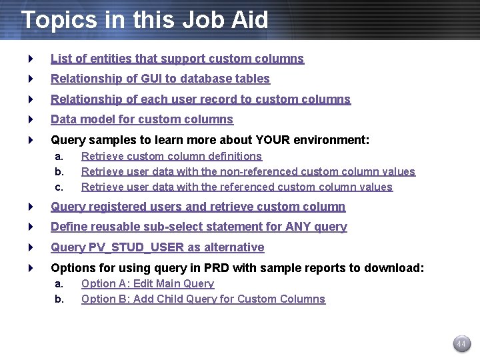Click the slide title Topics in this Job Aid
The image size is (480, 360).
click(x=145, y=19)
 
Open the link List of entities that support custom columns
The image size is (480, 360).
click(x=177, y=59)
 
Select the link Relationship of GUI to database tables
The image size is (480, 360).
click(x=160, y=79)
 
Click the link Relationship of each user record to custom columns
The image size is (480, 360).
click(x=201, y=99)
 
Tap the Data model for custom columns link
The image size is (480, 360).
click(x=142, y=119)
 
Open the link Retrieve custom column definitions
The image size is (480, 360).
click(x=171, y=156)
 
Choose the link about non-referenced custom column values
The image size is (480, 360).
click(x=248, y=171)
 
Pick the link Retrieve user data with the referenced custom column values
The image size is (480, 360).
click(x=237, y=187)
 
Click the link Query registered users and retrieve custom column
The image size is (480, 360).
click(x=198, y=207)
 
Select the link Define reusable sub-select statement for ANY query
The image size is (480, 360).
click(x=199, y=227)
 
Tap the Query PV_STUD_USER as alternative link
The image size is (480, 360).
click(x=157, y=247)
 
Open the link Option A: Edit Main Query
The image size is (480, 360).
click(x=147, y=283)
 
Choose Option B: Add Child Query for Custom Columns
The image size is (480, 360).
click(x=203, y=299)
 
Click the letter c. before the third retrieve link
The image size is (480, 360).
click(x=59, y=187)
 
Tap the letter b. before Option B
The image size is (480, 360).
click(x=59, y=299)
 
